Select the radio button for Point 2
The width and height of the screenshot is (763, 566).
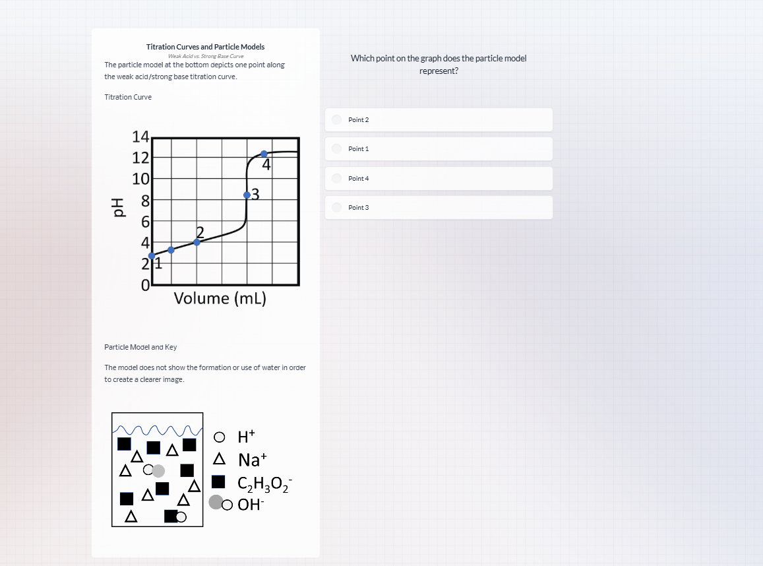(337, 119)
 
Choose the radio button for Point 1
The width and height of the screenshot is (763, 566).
(337, 148)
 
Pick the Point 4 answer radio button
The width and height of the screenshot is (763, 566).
(337, 178)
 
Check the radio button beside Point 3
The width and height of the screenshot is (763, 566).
(337, 207)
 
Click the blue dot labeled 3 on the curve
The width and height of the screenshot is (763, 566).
(247, 195)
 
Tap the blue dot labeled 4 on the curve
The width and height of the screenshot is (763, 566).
(264, 154)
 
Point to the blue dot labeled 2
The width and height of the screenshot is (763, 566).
(197, 242)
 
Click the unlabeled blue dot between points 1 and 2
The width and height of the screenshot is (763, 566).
(171, 250)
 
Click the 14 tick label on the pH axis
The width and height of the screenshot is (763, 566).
(140, 137)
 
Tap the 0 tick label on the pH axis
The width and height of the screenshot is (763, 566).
(145, 286)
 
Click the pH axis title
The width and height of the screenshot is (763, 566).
(117, 208)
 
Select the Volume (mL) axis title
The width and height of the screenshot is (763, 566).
(220, 298)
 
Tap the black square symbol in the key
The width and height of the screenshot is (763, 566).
(219, 482)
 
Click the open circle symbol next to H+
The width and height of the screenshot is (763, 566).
(219, 437)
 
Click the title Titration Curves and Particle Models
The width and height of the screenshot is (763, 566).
(205, 47)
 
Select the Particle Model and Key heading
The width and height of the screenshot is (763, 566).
(140, 347)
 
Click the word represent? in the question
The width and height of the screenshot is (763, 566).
(439, 71)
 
